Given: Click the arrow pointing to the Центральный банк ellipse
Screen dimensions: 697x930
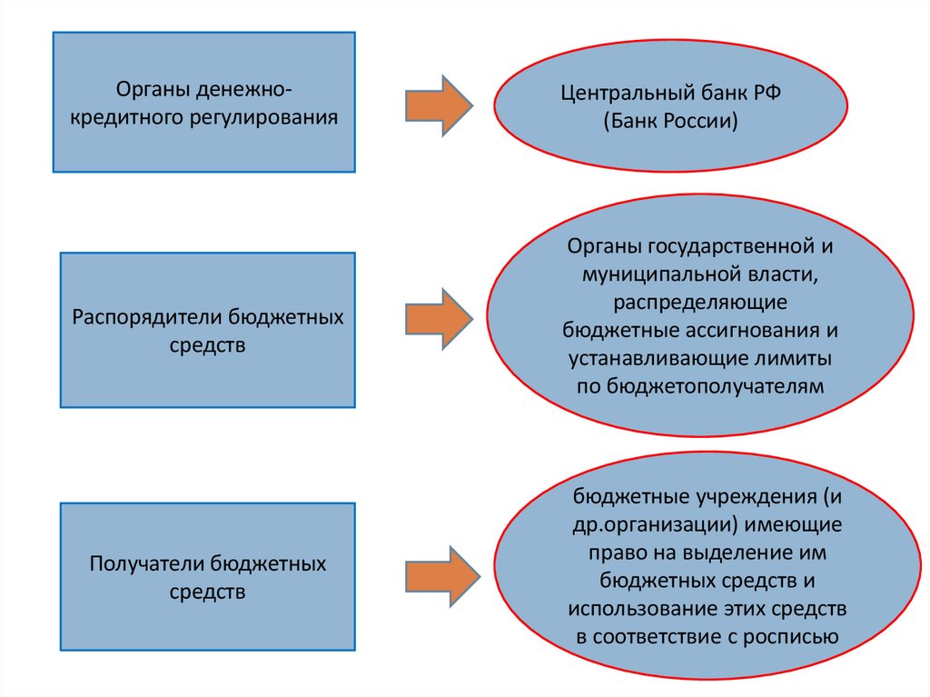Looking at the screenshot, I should [x=436, y=105].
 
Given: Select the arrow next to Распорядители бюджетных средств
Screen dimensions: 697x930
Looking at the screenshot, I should [x=437, y=318].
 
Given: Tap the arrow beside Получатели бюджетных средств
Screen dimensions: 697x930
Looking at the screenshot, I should [x=440, y=574].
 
